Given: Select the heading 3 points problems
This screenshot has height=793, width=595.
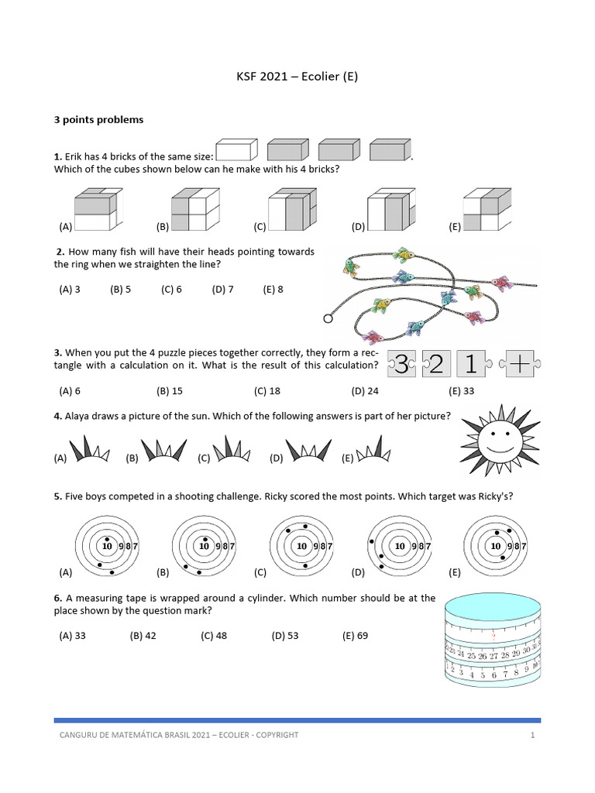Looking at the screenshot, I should tap(98, 120).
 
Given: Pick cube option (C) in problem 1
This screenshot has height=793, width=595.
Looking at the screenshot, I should tap(292, 210).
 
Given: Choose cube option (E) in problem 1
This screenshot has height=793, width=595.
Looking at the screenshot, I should tap(487, 210).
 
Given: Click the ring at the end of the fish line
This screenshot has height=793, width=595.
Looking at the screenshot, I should tap(327, 318).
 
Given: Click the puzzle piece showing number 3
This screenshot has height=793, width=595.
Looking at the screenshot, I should tap(401, 364).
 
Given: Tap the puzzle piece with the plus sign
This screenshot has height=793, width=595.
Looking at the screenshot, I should tap(517, 364).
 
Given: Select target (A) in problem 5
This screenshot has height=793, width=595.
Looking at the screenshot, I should tap(106, 547).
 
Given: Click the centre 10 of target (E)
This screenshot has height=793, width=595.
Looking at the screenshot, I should tap(495, 546).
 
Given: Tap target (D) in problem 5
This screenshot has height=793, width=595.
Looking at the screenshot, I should tap(398, 547).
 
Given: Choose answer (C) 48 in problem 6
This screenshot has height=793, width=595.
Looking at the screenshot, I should tap(214, 636).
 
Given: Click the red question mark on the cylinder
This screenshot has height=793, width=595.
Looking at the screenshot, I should tap(494, 636).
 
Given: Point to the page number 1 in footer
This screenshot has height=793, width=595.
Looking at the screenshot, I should tap(533, 734).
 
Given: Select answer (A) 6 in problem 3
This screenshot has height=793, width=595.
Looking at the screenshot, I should tap(70, 391).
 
